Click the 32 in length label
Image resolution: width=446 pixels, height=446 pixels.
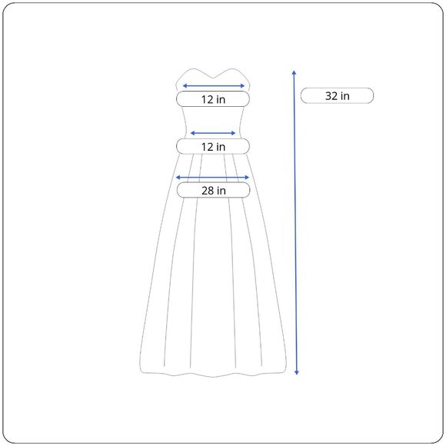[x=337, y=95]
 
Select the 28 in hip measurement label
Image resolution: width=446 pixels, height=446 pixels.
[x=213, y=190]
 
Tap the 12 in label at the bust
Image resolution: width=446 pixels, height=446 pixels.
[x=213, y=99]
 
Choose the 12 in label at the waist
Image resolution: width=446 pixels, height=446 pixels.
[x=213, y=146]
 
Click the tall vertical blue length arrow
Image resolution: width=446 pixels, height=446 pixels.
[x=295, y=222]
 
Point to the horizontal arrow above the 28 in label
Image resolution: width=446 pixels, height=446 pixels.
[x=212, y=178]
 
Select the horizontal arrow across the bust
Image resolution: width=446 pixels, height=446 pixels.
[x=213, y=85]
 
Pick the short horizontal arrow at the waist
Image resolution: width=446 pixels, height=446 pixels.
[x=213, y=133]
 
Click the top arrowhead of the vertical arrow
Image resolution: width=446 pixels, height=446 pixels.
[x=295, y=72]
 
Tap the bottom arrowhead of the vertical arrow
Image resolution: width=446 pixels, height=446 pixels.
[x=297, y=373]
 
